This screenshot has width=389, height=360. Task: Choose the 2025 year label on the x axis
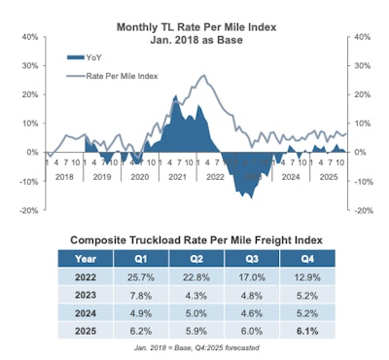[x=323, y=177]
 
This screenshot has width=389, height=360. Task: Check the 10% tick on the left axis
[x=28, y=124]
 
